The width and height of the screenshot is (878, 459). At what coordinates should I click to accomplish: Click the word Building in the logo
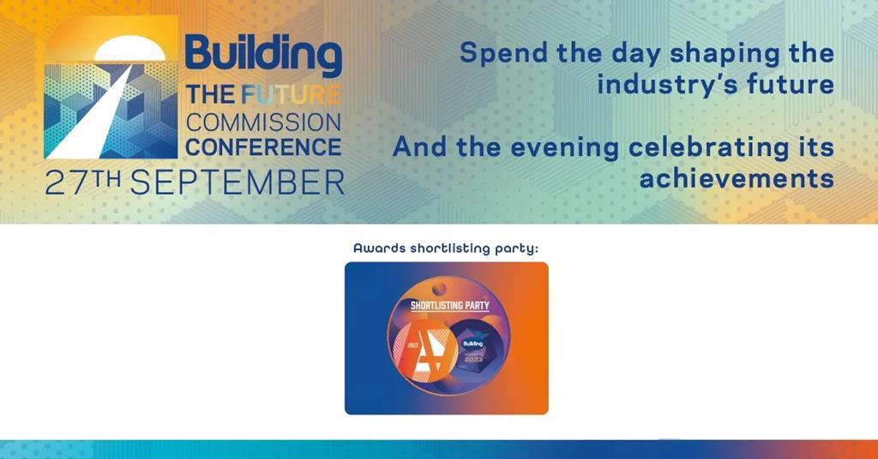(x=262, y=54)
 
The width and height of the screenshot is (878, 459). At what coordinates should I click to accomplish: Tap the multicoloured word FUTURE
(x=291, y=94)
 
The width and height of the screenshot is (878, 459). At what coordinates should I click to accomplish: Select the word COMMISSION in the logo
(x=263, y=121)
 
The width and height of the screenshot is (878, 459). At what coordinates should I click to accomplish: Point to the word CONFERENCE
(x=263, y=146)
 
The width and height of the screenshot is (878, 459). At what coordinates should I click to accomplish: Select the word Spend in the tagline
(x=500, y=52)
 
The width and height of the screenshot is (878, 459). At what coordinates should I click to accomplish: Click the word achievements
(x=737, y=178)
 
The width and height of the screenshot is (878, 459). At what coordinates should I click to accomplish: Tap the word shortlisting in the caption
(x=459, y=248)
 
